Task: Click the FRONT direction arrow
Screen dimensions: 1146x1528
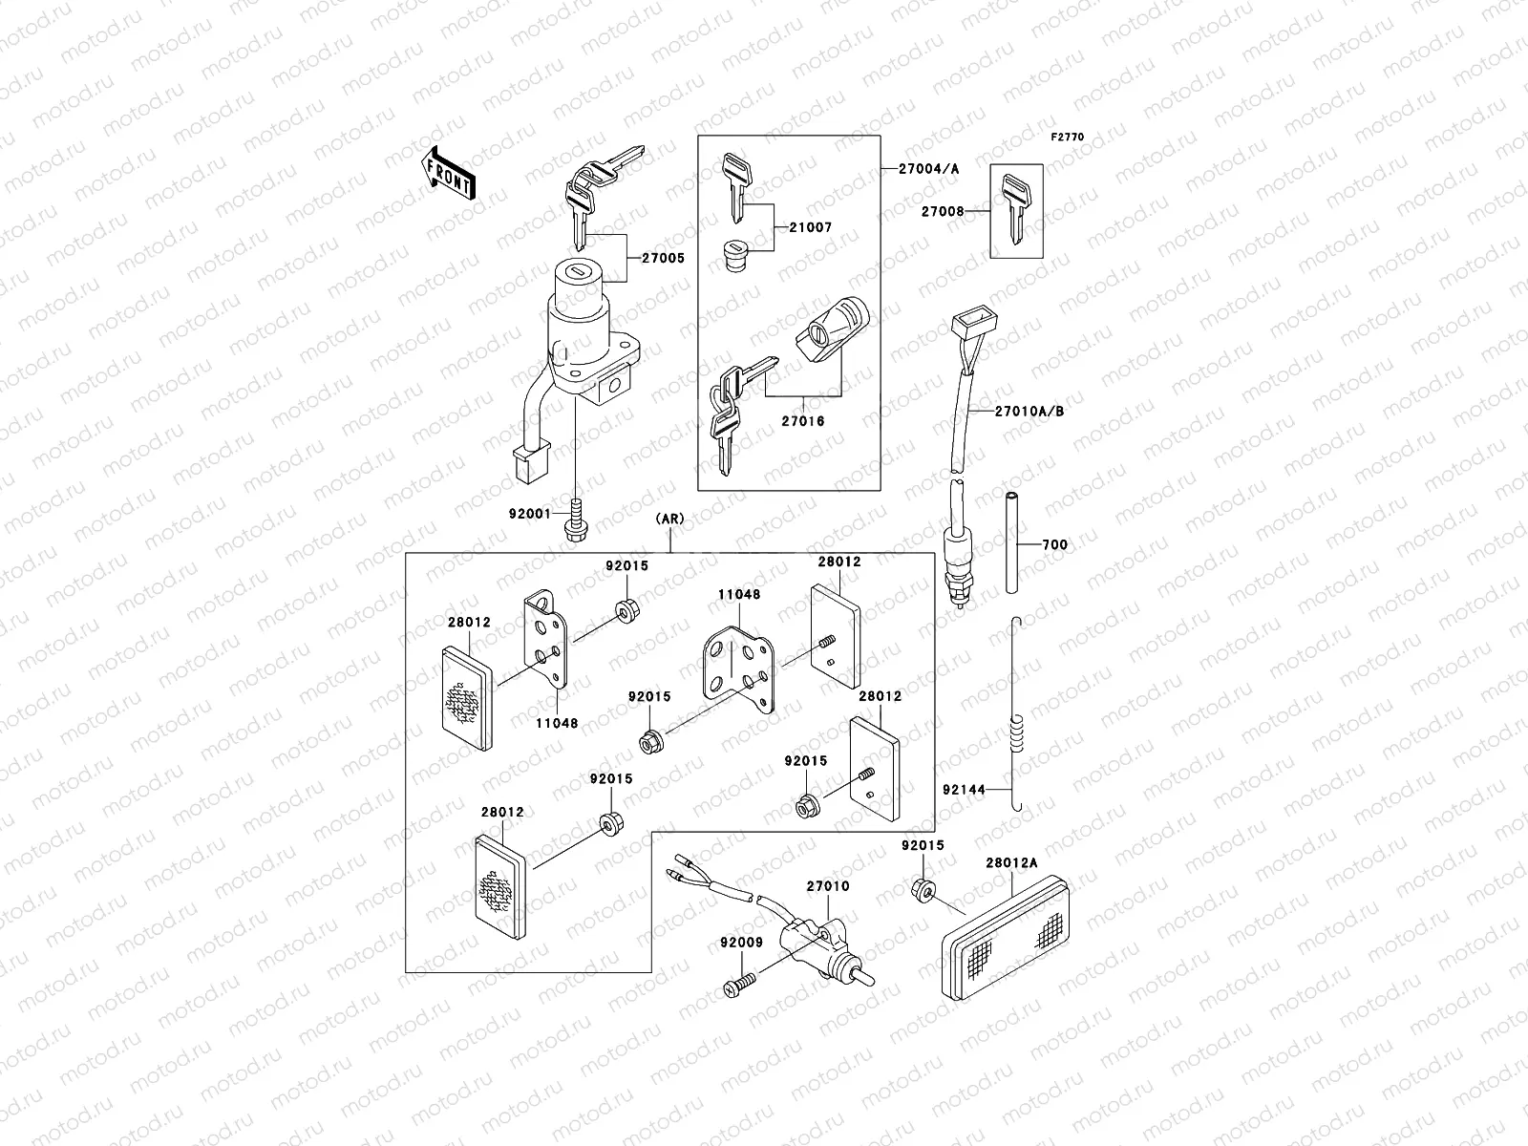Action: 449,173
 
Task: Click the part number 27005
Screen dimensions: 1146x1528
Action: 664,258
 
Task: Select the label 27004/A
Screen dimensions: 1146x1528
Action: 928,169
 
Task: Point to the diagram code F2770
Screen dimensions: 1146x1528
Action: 1068,138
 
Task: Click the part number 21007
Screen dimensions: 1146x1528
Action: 811,228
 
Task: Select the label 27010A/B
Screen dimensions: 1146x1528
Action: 1029,412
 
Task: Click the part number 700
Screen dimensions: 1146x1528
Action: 1054,545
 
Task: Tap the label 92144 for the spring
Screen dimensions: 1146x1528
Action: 964,790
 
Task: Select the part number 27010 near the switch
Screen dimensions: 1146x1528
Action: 827,886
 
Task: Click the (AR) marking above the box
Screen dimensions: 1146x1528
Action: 669,520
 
